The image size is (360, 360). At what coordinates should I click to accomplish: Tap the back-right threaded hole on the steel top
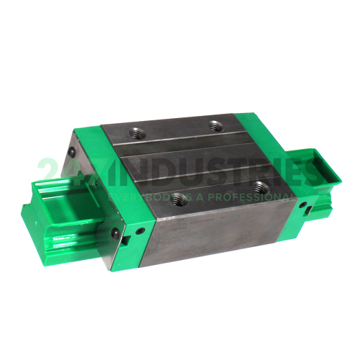pos(215,126)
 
